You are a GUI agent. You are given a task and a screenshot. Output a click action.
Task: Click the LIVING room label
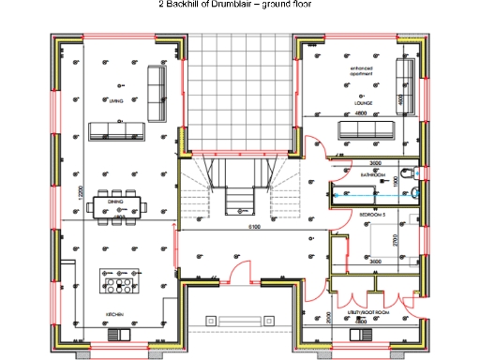pyautogui.click(x=116, y=100)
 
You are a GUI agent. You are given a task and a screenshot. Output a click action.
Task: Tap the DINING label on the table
pyautogui.click(x=115, y=202)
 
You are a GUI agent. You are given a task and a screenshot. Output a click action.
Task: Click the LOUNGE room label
pyautogui.click(x=364, y=101)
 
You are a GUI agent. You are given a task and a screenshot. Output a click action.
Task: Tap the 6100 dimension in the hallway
pyautogui.click(x=253, y=227)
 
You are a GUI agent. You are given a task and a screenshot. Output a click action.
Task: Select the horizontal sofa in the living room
pyautogui.click(x=117, y=129)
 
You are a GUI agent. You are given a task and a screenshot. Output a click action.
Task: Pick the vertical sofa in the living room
pyautogui.click(x=156, y=84)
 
